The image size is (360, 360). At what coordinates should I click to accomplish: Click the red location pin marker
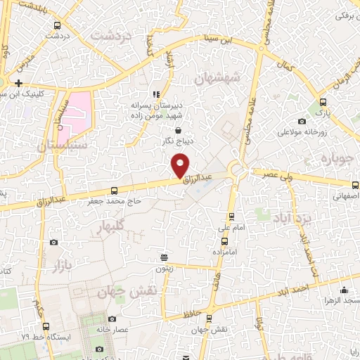click(181, 165)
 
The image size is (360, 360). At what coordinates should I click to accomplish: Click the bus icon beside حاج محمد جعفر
click(115, 191)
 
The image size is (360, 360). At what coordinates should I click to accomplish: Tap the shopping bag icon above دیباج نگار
click(177, 130)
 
